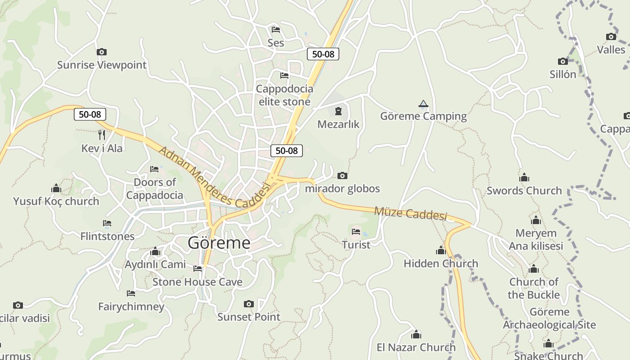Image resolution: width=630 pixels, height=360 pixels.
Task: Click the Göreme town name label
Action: point(219,243)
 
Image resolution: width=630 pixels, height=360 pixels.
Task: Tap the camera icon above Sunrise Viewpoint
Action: point(102,52)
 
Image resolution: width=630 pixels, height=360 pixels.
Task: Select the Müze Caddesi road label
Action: point(410,213)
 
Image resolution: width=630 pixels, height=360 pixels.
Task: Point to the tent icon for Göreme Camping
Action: point(423,104)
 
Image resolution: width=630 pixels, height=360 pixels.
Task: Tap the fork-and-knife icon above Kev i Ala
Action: point(102,135)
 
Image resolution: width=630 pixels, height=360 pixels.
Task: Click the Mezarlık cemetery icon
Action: point(338,111)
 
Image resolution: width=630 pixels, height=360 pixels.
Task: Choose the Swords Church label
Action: point(524,190)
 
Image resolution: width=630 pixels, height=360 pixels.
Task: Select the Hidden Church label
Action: point(441,263)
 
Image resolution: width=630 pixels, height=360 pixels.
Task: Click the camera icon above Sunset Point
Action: point(248,304)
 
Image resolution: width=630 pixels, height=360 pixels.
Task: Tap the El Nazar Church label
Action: point(416,347)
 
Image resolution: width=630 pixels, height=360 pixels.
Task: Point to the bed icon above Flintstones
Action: point(107,223)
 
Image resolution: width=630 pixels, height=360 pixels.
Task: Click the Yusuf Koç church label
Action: point(56,201)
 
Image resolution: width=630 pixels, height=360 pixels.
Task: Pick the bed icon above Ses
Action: point(276,30)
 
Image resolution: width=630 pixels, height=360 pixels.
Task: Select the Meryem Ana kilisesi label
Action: point(535,239)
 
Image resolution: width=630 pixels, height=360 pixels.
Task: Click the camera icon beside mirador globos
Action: point(342,175)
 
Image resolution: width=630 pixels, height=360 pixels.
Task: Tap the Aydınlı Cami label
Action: point(155,264)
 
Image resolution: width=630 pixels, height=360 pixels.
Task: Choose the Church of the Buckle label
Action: point(534,288)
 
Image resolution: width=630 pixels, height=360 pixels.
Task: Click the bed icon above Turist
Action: point(356,232)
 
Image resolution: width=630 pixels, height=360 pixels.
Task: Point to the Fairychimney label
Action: point(131,306)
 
